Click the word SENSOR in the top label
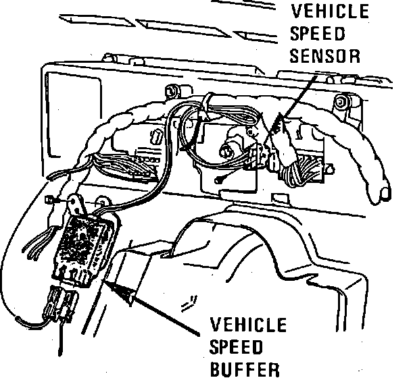click(324, 56)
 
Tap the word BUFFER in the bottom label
click(245, 369)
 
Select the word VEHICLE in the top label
click(330, 11)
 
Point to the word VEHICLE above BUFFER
click(248, 325)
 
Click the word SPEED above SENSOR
click(317, 34)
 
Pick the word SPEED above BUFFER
click(236, 347)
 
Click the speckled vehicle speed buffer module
click(84, 248)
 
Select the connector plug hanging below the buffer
click(61, 304)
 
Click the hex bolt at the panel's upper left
click(171, 91)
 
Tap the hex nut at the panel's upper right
click(340, 101)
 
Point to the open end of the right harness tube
click(385, 194)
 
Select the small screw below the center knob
click(218, 180)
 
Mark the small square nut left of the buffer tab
click(49, 200)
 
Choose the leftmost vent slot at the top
click(97, 21)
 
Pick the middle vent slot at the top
click(183, 28)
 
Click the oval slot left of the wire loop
click(155, 136)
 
